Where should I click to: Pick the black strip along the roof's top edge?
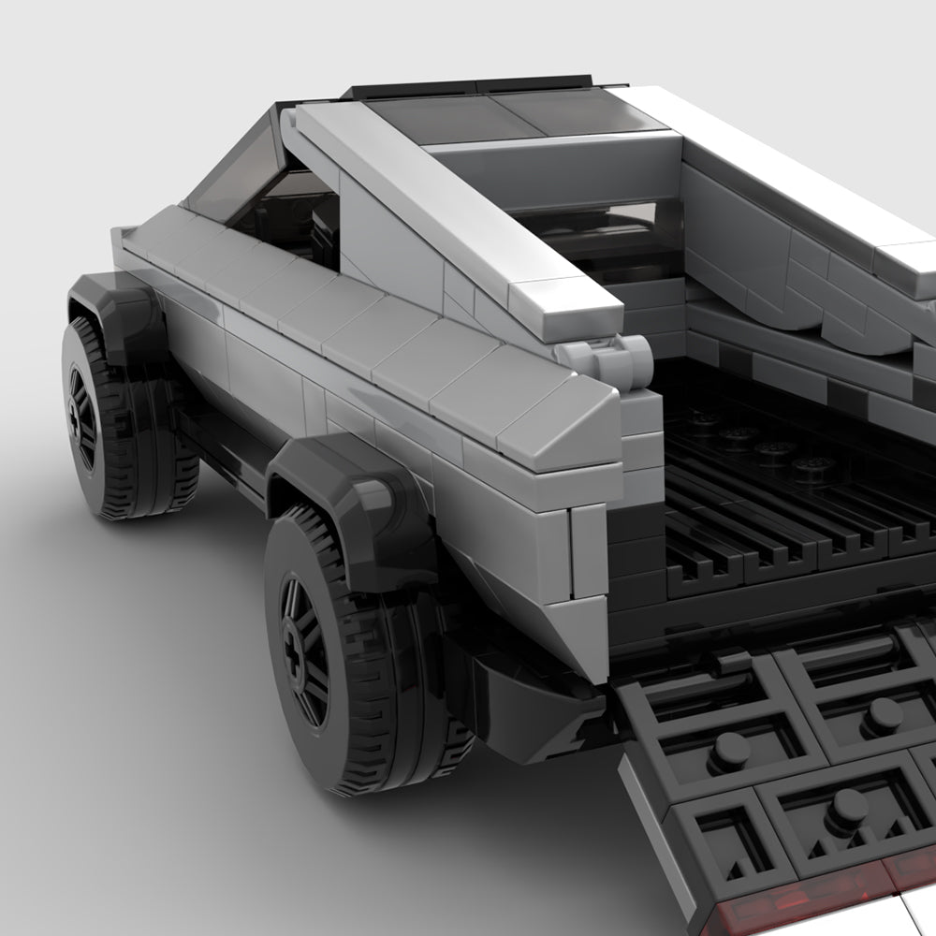(468, 84)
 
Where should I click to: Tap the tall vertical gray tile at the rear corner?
(590, 552)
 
